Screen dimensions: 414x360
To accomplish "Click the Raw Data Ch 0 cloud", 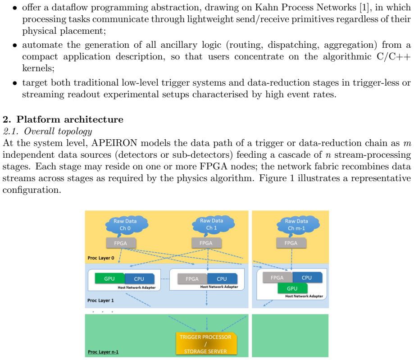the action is (127, 225).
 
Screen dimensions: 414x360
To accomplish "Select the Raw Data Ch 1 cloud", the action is (213, 224).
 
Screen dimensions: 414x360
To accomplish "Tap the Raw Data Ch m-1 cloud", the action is (298, 225).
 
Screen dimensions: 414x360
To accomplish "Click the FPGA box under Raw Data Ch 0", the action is (121, 243).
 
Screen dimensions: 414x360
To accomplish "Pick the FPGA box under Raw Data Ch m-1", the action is (291, 243).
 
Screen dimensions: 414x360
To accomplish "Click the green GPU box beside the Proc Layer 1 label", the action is (109, 278).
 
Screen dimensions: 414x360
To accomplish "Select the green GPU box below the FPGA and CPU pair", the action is (292, 288).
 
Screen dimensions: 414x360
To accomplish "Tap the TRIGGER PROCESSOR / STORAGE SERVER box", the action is (206, 344).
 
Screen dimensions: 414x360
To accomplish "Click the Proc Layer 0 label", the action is (101, 258).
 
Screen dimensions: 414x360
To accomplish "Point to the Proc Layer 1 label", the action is (100, 301).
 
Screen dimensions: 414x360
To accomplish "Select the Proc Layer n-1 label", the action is (103, 352).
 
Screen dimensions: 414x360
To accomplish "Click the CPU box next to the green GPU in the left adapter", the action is (139, 279).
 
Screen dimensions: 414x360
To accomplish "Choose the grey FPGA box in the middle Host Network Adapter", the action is (192, 279).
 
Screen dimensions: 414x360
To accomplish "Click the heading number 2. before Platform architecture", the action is (7, 119).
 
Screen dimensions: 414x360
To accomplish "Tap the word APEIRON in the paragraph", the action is (114, 143).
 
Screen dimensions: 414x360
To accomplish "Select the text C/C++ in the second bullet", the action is (394, 56).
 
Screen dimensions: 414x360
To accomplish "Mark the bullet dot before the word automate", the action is (15, 46).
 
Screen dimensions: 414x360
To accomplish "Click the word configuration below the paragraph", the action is (32, 190).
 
